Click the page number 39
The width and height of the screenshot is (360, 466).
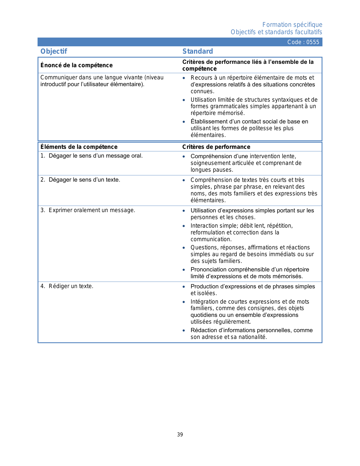[x=180, y=435]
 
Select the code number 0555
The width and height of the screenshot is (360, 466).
[x=313, y=42]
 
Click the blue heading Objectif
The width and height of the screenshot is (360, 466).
[x=54, y=51]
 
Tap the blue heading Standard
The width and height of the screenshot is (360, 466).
[x=198, y=51]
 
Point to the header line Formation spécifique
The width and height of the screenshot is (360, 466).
[x=292, y=25]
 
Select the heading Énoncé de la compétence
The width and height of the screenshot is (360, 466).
[x=77, y=65]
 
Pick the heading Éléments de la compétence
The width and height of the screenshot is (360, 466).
[x=79, y=147]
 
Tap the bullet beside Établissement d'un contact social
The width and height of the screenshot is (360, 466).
[x=184, y=122]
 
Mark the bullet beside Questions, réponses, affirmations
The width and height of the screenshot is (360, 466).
[x=184, y=248]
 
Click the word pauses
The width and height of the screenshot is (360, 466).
[x=224, y=170]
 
